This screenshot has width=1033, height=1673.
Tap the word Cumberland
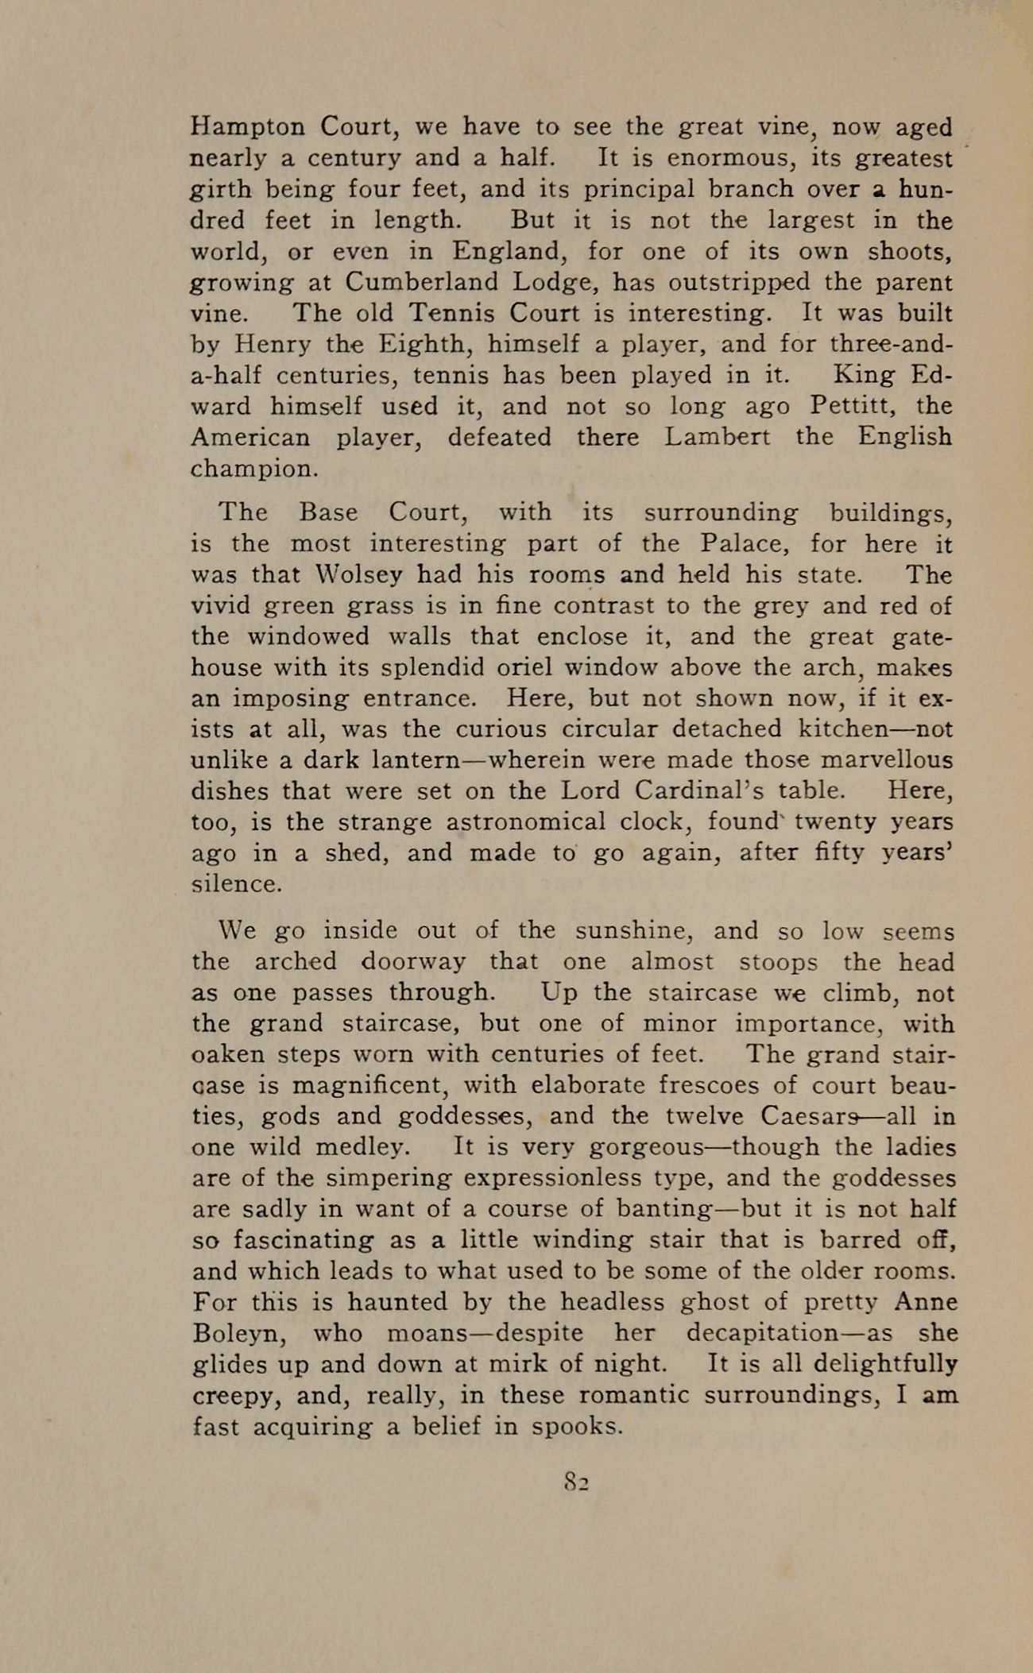point(422,283)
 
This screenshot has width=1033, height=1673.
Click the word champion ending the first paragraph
point(253,469)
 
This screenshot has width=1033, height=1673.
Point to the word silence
point(237,883)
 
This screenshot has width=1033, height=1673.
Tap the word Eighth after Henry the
point(425,345)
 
